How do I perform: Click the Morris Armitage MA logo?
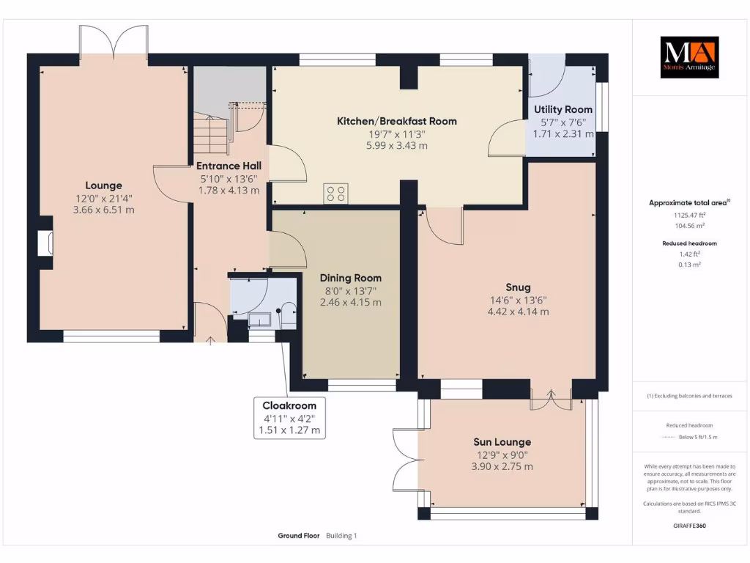click(689, 57)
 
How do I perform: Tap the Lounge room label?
click(104, 185)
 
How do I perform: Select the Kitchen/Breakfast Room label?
click(396, 121)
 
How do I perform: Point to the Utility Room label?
click(563, 110)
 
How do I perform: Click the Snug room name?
click(518, 287)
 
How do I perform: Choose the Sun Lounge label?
click(502, 442)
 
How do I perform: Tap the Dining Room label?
click(351, 278)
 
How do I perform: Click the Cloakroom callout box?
click(289, 418)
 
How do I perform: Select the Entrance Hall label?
click(229, 166)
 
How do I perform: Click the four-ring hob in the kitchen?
click(335, 194)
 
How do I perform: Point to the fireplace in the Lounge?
click(45, 243)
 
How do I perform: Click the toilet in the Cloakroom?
click(289, 315)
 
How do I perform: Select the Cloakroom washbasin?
click(260, 320)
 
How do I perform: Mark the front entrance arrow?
click(210, 340)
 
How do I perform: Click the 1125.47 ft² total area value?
click(689, 216)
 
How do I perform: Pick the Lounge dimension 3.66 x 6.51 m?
click(104, 210)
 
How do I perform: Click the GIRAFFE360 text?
click(689, 526)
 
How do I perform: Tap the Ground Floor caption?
click(299, 536)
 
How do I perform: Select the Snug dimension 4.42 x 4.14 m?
click(518, 312)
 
